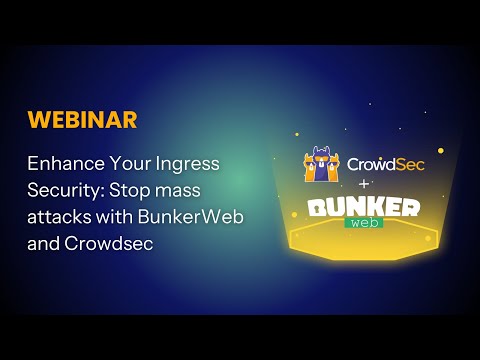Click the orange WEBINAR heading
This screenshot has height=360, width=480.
83,120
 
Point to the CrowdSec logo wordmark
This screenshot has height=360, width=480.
385,163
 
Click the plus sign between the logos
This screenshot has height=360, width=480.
364,184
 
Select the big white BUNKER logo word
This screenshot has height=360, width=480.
364,207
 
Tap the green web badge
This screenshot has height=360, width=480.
364,224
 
